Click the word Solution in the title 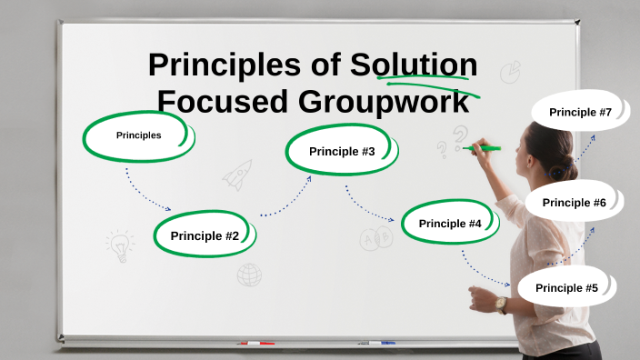pos(415,65)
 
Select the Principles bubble pos(138,135)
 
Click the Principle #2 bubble pos(205,235)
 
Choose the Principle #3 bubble pos(341,151)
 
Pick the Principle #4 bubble pos(449,223)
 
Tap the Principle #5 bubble pos(565,287)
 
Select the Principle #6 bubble pos(574,202)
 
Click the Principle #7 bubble pos(579,112)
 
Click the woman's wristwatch pos(502,305)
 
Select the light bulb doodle pos(119,245)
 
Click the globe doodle pos(249,275)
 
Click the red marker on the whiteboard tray pos(255,344)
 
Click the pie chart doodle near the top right pos(511,71)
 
